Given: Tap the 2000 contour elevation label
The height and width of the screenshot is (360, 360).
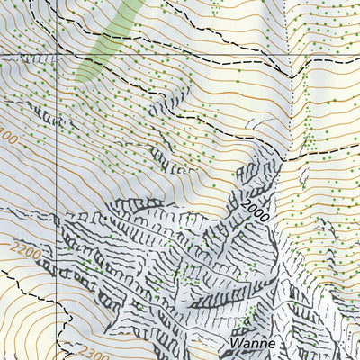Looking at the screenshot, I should click(x=256, y=210).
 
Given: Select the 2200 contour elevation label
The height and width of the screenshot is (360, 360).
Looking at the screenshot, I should click(x=26, y=251).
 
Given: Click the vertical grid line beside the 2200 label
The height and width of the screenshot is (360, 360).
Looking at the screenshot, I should click(x=58, y=252).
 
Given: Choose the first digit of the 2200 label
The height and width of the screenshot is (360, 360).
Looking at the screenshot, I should click(x=17, y=246).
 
